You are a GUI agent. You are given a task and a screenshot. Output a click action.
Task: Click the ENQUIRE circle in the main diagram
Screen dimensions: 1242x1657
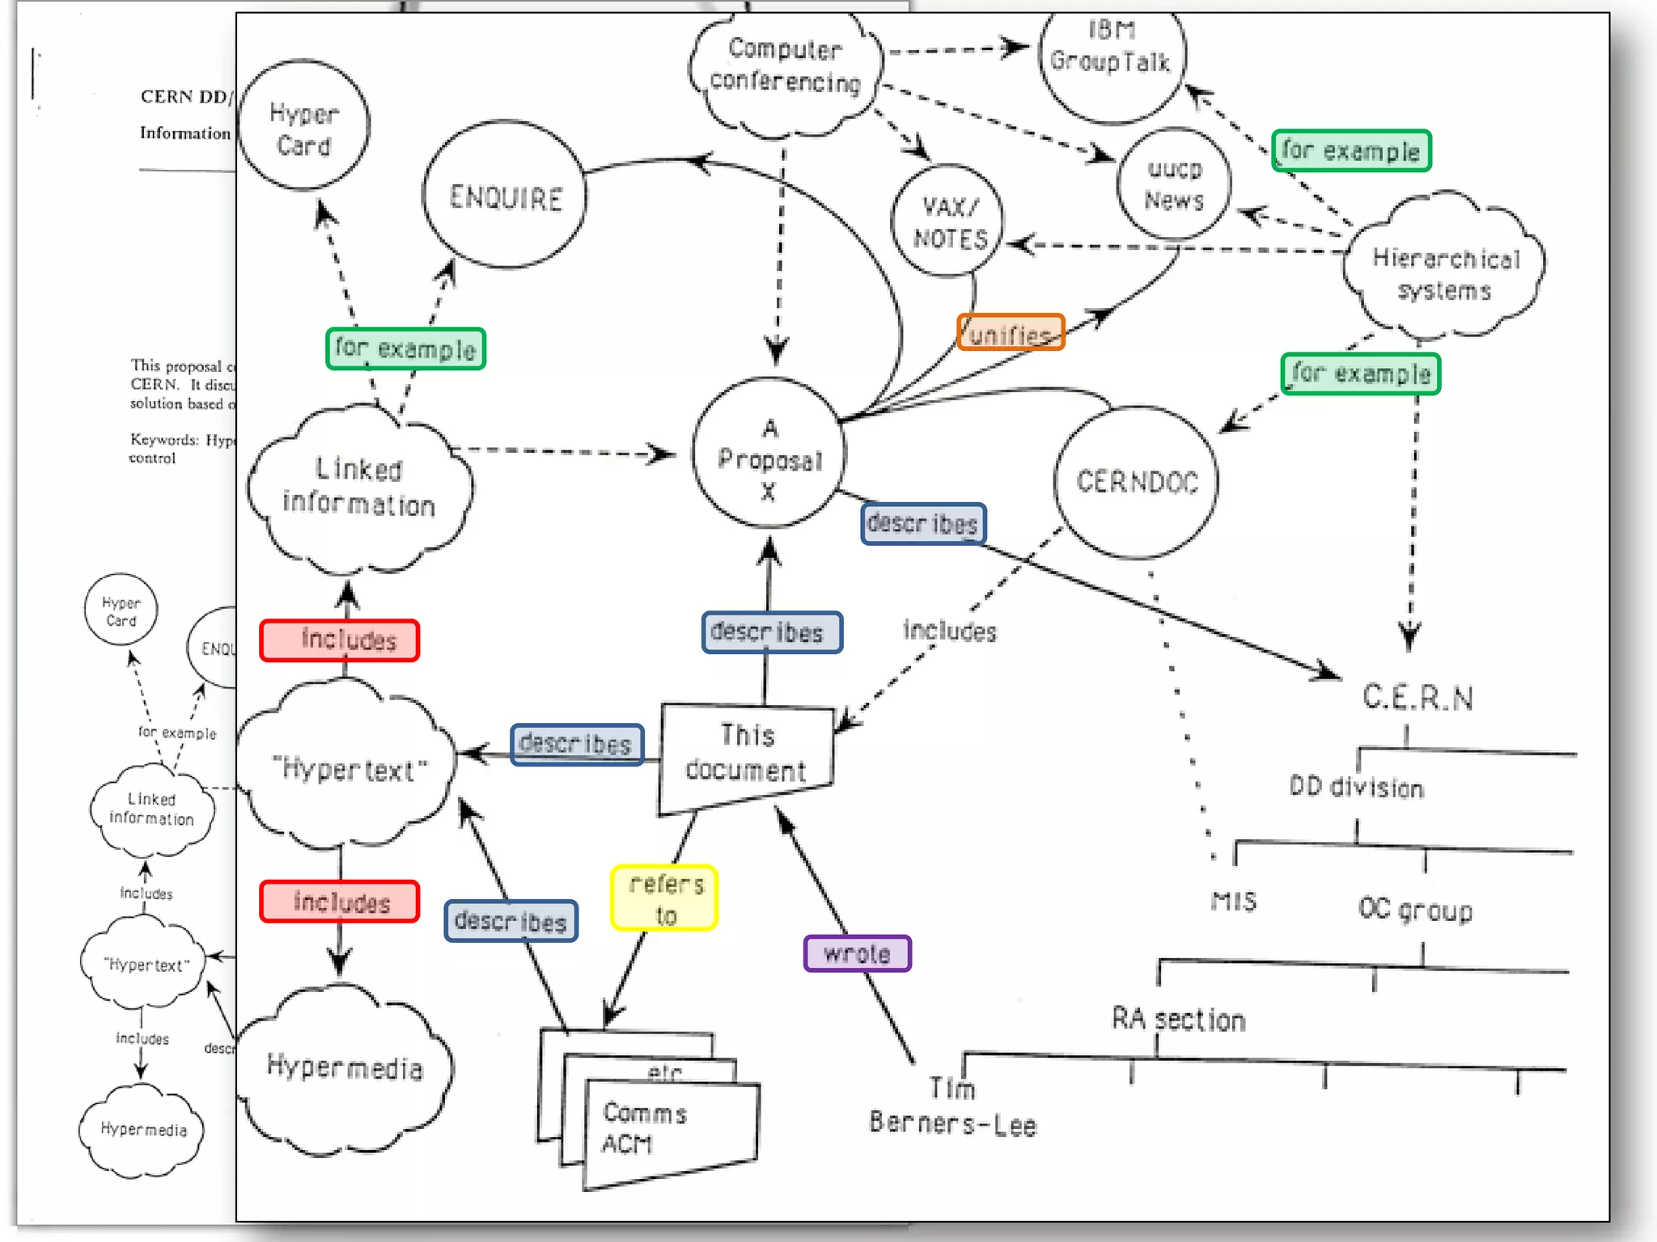(x=505, y=196)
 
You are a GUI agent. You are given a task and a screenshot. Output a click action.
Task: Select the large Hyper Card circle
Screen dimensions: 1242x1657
(x=304, y=128)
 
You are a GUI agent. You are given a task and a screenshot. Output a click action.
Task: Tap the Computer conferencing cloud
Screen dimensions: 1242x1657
(x=785, y=69)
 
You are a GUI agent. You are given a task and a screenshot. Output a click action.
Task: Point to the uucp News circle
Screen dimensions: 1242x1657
(x=1174, y=184)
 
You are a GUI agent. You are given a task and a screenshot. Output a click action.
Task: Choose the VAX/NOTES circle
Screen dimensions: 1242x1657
(x=948, y=222)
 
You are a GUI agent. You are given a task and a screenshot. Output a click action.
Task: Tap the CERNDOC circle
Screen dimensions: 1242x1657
(x=1137, y=482)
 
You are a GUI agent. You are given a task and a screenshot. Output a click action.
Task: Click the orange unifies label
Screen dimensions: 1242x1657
(x=1011, y=332)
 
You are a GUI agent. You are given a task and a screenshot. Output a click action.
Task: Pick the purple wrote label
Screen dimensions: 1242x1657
(x=857, y=953)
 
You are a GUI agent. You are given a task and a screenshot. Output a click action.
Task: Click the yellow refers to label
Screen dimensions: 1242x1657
(x=665, y=898)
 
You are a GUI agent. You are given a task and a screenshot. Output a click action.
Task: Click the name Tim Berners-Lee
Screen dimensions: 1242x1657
(x=952, y=1108)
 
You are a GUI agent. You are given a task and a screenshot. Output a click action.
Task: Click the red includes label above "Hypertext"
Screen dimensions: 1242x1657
(x=340, y=640)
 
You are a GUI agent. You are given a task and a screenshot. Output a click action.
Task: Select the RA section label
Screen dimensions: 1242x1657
(x=1178, y=1019)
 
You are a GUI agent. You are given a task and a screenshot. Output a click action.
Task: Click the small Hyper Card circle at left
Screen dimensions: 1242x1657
(x=121, y=610)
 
